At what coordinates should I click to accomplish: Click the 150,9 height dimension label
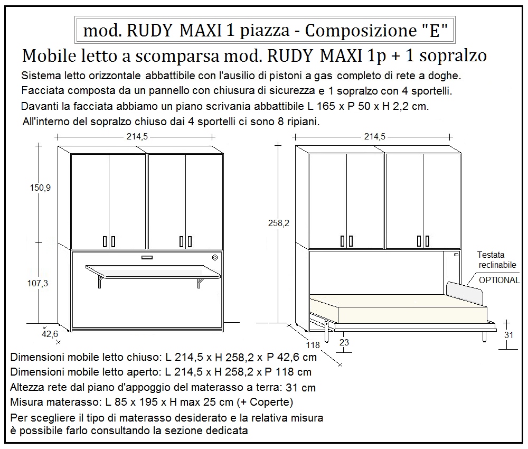40,188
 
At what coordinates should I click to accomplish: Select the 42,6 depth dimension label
50,334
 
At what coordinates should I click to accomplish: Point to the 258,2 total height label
279,223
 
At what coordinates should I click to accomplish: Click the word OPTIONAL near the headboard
499,280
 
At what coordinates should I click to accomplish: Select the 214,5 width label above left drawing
137,137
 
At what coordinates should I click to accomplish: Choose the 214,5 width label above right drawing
374,137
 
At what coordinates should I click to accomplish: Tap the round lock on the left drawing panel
215,258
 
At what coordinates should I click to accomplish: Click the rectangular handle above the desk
147,258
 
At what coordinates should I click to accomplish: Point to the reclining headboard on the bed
464,292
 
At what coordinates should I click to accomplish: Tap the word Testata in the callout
491,255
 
